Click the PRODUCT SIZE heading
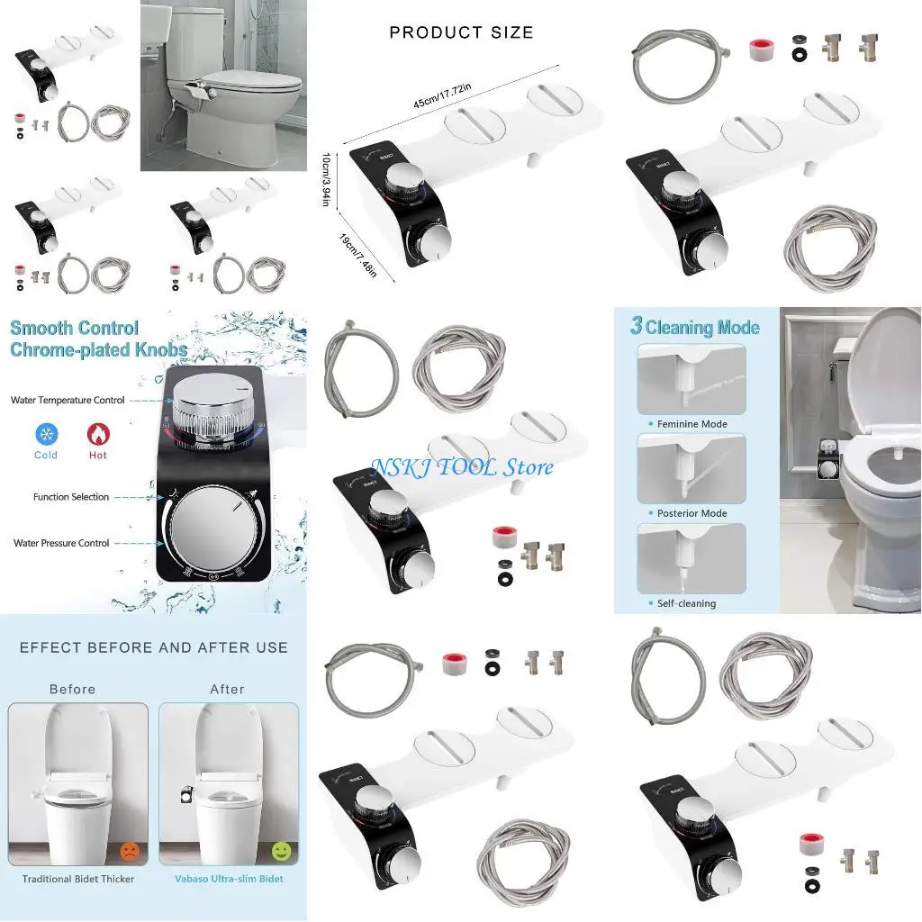(x=461, y=33)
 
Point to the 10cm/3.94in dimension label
(x=328, y=177)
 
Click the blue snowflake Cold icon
(x=45, y=435)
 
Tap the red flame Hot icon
(x=97, y=435)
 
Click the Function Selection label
(x=71, y=497)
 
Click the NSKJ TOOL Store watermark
(x=462, y=466)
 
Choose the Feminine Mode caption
(x=691, y=424)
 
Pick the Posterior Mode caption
(x=691, y=513)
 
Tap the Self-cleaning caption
(x=686, y=603)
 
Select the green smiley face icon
(x=281, y=849)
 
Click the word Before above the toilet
(x=73, y=689)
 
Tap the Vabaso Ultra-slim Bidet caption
(x=229, y=879)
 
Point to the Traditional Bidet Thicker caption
(x=78, y=879)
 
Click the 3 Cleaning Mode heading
(x=695, y=327)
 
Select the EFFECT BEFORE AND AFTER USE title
(x=154, y=647)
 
